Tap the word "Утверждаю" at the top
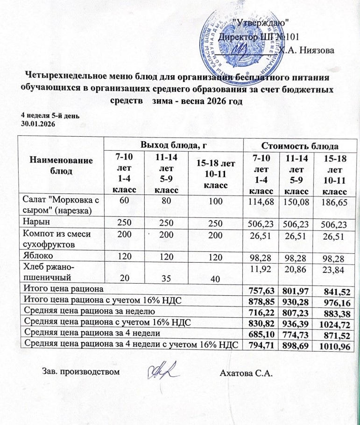click(263, 22)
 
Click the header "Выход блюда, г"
click(174, 145)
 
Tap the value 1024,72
click(332, 325)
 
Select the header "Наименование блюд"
click(61, 165)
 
